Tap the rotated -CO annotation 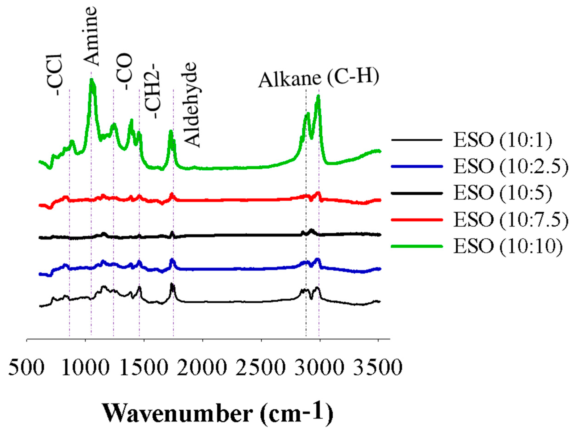tap(125, 71)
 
